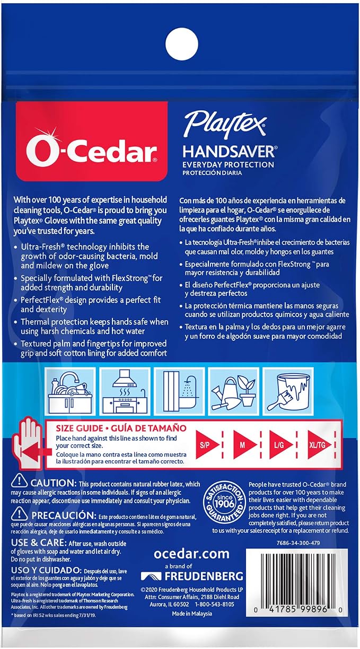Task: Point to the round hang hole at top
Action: pyautogui.click(x=182, y=44)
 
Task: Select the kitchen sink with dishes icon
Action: pyautogui.click(x=71, y=391)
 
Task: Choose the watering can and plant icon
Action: pyautogui.click(x=234, y=391)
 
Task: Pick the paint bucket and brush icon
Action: pyautogui.click(x=288, y=391)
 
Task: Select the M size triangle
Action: pyautogui.click(x=244, y=445)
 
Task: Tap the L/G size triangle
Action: pyautogui.click(x=280, y=445)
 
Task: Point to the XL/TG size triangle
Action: pyautogui.click(x=319, y=445)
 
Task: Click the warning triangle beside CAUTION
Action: pyautogui.click(x=19, y=482)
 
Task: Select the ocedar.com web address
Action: pyautogui.click(x=191, y=554)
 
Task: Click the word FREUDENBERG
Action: pyautogui.click(x=204, y=576)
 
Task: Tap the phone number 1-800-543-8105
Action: pyautogui.click(x=215, y=604)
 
